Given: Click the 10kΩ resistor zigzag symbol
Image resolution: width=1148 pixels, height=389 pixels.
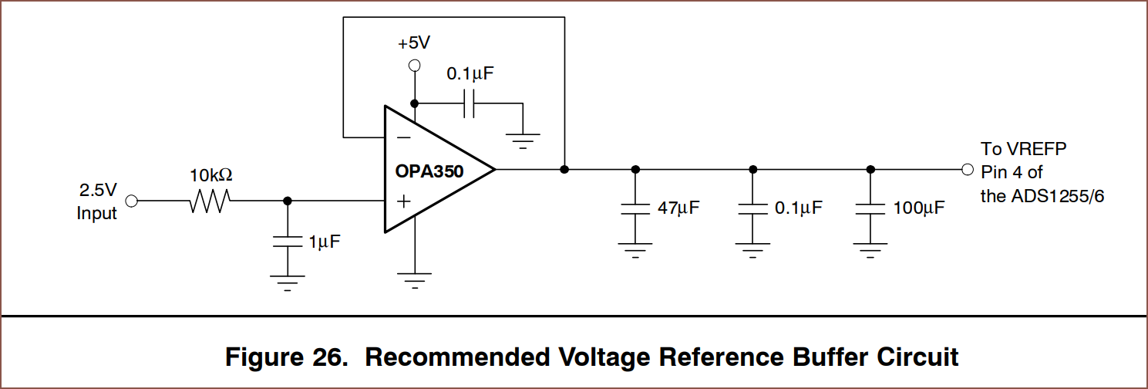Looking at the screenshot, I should point(208,201).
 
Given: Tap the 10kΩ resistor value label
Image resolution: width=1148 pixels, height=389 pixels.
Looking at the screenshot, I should point(211,176).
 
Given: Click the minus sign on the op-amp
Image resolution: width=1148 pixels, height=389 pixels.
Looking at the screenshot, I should point(402,138).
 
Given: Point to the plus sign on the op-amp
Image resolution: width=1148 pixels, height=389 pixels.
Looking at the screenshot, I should point(402,201).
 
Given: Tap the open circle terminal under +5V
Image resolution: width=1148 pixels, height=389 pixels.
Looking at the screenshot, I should point(414,66).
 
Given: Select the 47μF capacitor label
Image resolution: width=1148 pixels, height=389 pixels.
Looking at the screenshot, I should point(678,208).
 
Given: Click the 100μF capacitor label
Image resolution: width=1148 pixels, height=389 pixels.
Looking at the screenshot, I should point(918,208).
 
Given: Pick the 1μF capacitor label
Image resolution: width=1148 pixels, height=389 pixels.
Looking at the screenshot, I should point(324,242).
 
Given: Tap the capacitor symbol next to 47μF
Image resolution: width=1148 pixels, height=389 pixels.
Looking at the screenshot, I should point(635,208).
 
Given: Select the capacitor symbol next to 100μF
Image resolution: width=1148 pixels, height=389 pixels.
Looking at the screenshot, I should point(870,208).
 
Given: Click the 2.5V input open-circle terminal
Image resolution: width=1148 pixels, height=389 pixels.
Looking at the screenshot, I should point(132,201).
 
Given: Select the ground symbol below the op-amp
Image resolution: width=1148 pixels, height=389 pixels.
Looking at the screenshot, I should point(415,279).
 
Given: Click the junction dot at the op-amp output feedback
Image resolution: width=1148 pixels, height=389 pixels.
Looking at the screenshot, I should point(564,169).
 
